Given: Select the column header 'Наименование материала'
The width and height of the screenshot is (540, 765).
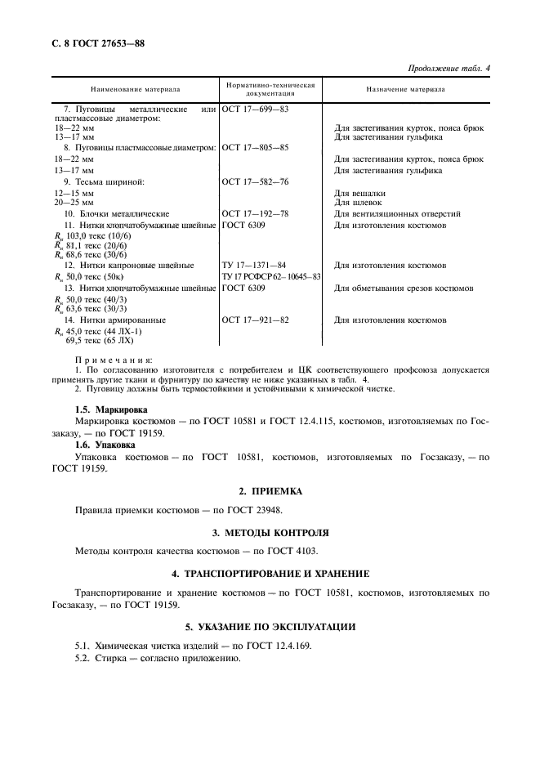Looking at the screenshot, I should (x=136, y=89).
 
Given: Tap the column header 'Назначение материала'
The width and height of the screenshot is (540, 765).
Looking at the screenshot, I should (x=405, y=89).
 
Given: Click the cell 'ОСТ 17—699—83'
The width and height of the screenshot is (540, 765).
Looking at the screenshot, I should (x=255, y=108).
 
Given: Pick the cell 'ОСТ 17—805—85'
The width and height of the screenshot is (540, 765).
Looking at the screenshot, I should (x=255, y=147).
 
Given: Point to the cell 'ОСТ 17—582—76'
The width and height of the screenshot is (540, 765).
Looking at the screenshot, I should (x=255, y=181).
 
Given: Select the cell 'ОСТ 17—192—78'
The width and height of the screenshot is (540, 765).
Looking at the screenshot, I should (x=255, y=212).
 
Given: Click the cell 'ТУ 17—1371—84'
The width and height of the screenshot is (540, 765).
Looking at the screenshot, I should (x=255, y=265).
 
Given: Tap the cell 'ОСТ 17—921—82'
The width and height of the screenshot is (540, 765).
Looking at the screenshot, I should (x=255, y=320).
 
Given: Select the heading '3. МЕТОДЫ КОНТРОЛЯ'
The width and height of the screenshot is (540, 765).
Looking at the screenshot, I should (x=270, y=531).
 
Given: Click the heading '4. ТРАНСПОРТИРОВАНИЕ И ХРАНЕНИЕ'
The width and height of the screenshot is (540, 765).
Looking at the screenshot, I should (x=270, y=573).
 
